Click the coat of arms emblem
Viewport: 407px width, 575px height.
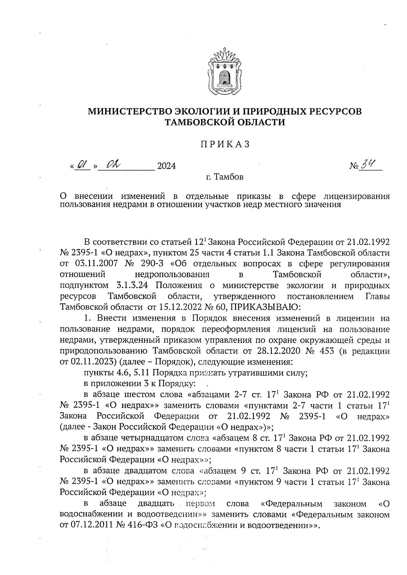(224, 72)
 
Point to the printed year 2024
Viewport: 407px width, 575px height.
(166, 166)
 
